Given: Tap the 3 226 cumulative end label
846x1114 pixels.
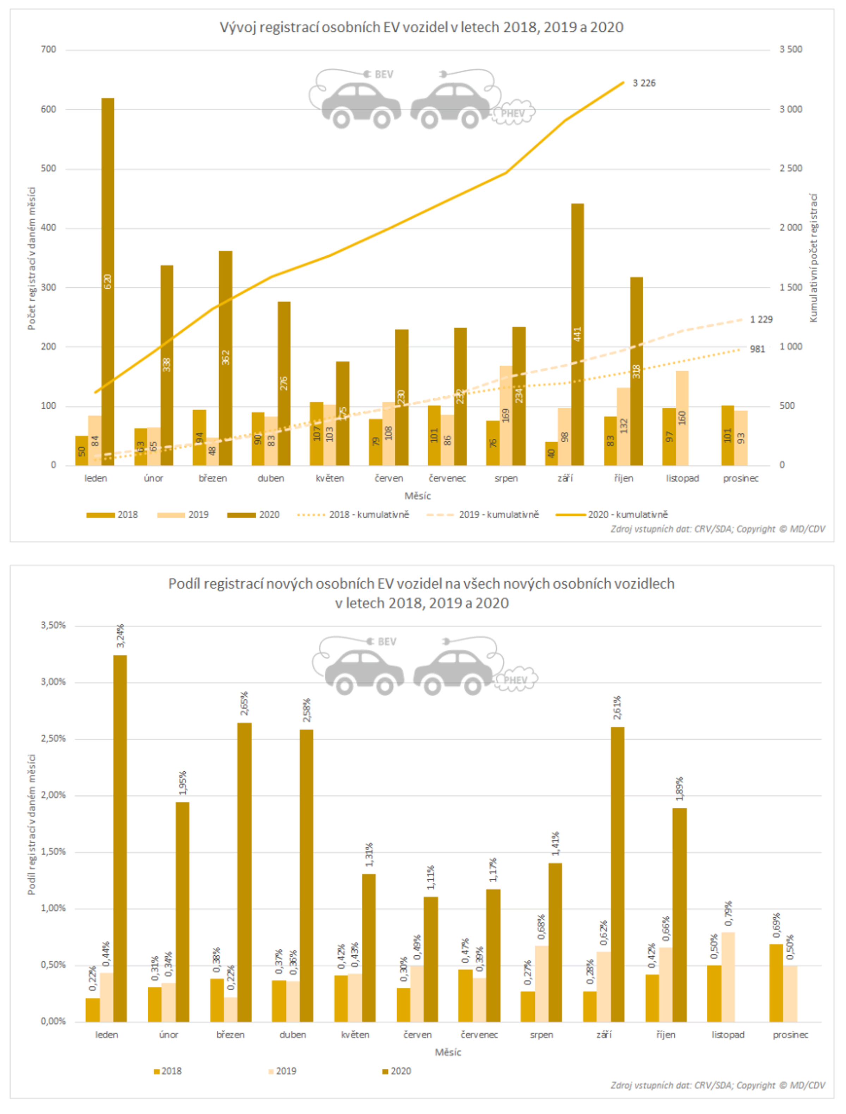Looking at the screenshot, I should coord(644,83).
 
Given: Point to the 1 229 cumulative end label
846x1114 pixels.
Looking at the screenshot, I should coord(761,319).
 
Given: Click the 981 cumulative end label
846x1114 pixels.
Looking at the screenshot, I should coord(758,349).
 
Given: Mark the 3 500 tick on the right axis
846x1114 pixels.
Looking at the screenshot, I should coord(791,49).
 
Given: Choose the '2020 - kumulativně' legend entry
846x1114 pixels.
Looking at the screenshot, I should coord(612,514).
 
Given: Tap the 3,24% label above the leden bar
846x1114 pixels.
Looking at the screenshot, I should coord(120,636).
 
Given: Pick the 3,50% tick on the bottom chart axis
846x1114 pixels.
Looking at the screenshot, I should coord(53,625).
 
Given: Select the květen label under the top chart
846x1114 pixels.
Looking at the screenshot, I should coord(330,478).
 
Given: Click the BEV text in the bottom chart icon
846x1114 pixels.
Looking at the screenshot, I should coord(387,642).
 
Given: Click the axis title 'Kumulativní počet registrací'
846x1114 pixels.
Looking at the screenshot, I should coord(813,258).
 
